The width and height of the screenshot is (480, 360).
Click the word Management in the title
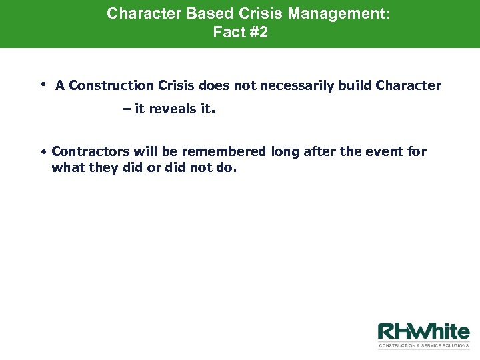341,13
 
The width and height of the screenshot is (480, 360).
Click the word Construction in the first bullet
111,85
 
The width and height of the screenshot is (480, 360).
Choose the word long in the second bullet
285,152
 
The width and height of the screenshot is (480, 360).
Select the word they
101,167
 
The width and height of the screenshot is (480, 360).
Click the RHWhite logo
423,332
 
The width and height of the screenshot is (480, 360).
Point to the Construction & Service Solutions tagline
423,346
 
